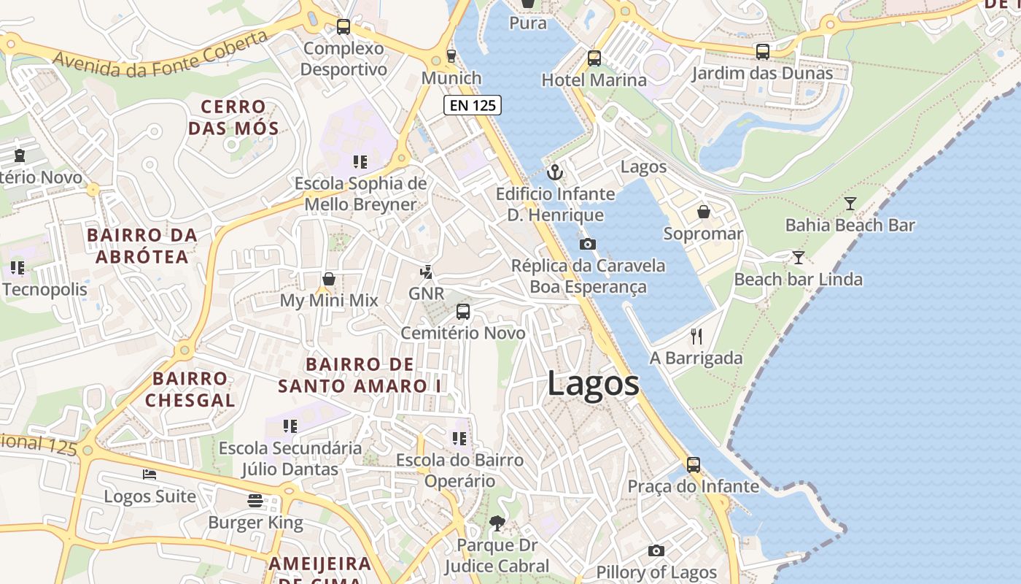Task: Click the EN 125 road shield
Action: pyautogui.click(x=473, y=105)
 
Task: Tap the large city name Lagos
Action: pyautogui.click(x=593, y=384)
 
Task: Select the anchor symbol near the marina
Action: pyautogui.click(x=556, y=172)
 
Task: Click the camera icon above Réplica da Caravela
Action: pyautogui.click(x=587, y=244)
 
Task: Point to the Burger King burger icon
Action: pyautogui.click(x=255, y=501)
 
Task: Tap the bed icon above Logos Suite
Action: pyautogui.click(x=150, y=474)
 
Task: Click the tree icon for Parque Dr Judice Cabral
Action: pyautogui.click(x=497, y=523)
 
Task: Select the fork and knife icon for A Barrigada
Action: pyautogui.click(x=696, y=337)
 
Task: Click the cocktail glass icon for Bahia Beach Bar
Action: pyautogui.click(x=850, y=204)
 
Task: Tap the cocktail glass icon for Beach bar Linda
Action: pyautogui.click(x=799, y=258)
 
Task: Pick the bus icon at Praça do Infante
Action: pyautogui.click(x=694, y=464)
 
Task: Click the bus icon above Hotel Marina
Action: pyautogui.click(x=594, y=58)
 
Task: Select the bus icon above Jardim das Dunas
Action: pyautogui.click(x=762, y=52)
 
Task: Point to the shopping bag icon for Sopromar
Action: pyautogui.click(x=704, y=212)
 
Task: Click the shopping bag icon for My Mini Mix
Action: pyautogui.click(x=329, y=279)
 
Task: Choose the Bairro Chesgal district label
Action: pyautogui.click(x=190, y=389)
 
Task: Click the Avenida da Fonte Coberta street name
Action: pyautogui.click(x=160, y=55)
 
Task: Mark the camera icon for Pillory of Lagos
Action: pyautogui.click(x=656, y=550)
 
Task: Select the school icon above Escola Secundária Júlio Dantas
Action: pyautogui.click(x=290, y=426)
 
